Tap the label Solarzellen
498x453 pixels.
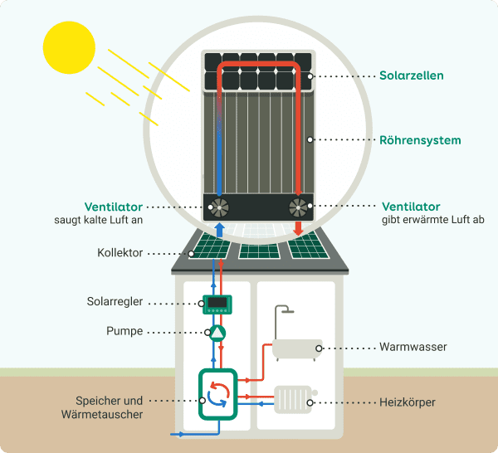coord(411,75)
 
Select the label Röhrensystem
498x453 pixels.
coord(419,140)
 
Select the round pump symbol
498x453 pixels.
coord(216,333)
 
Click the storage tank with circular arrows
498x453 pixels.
coord(217,393)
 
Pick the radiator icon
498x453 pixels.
coord(291,402)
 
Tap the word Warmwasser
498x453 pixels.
coord(413,347)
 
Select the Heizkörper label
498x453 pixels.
coord(408,403)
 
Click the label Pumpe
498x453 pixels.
coord(125,331)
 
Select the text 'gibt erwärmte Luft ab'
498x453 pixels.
coord(433,220)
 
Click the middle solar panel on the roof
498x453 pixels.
coord(260,248)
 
